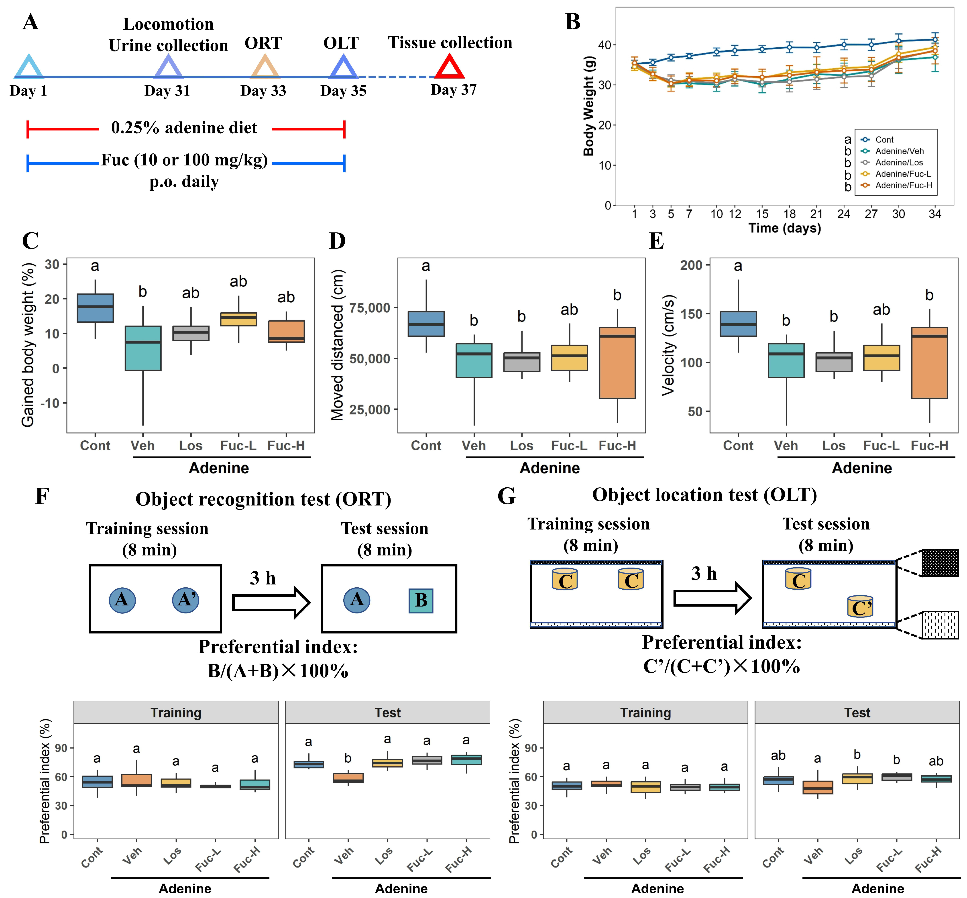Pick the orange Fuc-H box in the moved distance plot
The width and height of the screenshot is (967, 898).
click(617, 363)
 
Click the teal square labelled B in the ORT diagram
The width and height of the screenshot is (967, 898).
click(421, 601)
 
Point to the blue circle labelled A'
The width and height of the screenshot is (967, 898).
click(186, 600)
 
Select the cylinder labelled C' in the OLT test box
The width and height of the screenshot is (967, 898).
click(860, 607)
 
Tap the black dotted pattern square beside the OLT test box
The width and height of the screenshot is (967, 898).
click(940, 563)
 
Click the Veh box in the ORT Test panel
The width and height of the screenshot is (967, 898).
click(348, 778)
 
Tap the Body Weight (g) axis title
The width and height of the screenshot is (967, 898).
click(588, 106)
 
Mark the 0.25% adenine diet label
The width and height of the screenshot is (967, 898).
click(185, 128)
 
